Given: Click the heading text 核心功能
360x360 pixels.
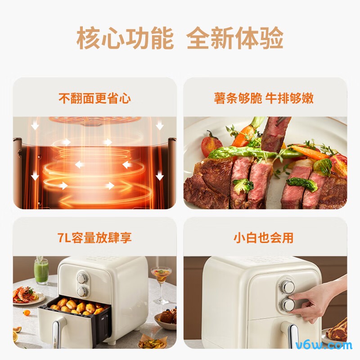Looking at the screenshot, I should (x=125, y=39).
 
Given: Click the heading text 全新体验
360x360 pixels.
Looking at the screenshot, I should (x=235, y=39).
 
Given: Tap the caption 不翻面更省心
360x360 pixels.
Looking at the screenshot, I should (x=94, y=98).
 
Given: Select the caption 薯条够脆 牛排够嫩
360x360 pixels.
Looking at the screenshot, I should (x=264, y=98).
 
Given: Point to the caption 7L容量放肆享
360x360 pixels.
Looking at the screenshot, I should (x=94, y=238).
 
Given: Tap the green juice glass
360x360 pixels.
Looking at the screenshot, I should (x=41, y=271).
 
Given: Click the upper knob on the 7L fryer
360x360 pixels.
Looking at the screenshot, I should (x=82, y=278).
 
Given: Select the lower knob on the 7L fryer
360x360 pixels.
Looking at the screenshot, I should (x=82, y=292).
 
